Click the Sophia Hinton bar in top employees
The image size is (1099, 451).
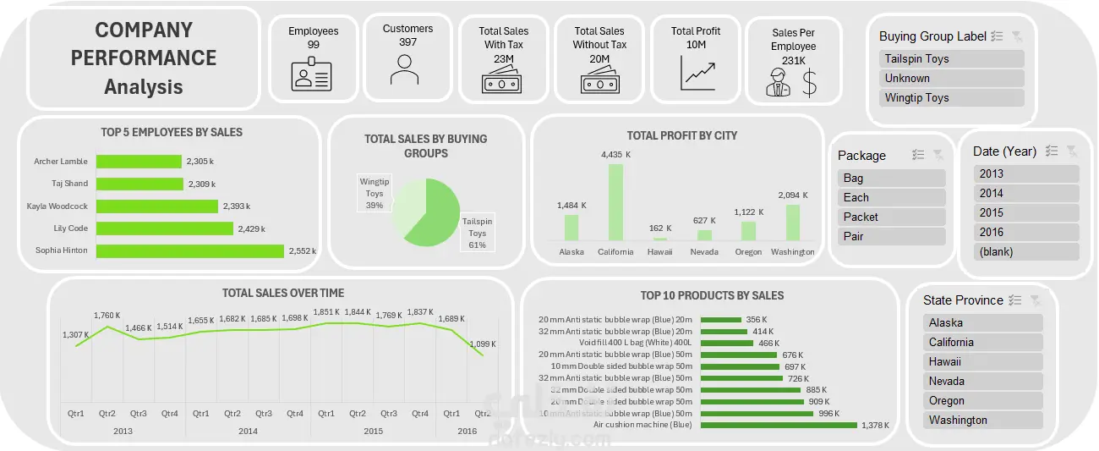point(189,250)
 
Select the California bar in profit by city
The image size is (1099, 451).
point(615,202)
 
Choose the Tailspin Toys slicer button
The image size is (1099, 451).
point(951,59)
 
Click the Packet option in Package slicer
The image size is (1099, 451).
point(892,217)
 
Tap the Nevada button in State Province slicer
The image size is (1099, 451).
point(982,381)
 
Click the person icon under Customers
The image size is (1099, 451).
point(404,69)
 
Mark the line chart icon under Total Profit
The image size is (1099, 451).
point(697,73)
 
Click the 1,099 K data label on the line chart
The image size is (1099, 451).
point(482,344)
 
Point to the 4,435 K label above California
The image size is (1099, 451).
point(615,155)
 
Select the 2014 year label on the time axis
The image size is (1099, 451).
point(248,432)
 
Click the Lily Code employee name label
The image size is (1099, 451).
point(70,228)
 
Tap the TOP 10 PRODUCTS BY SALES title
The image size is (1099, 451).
point(712,295)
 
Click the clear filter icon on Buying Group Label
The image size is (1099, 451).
point(1016,36)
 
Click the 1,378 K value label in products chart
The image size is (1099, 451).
point(875,425)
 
